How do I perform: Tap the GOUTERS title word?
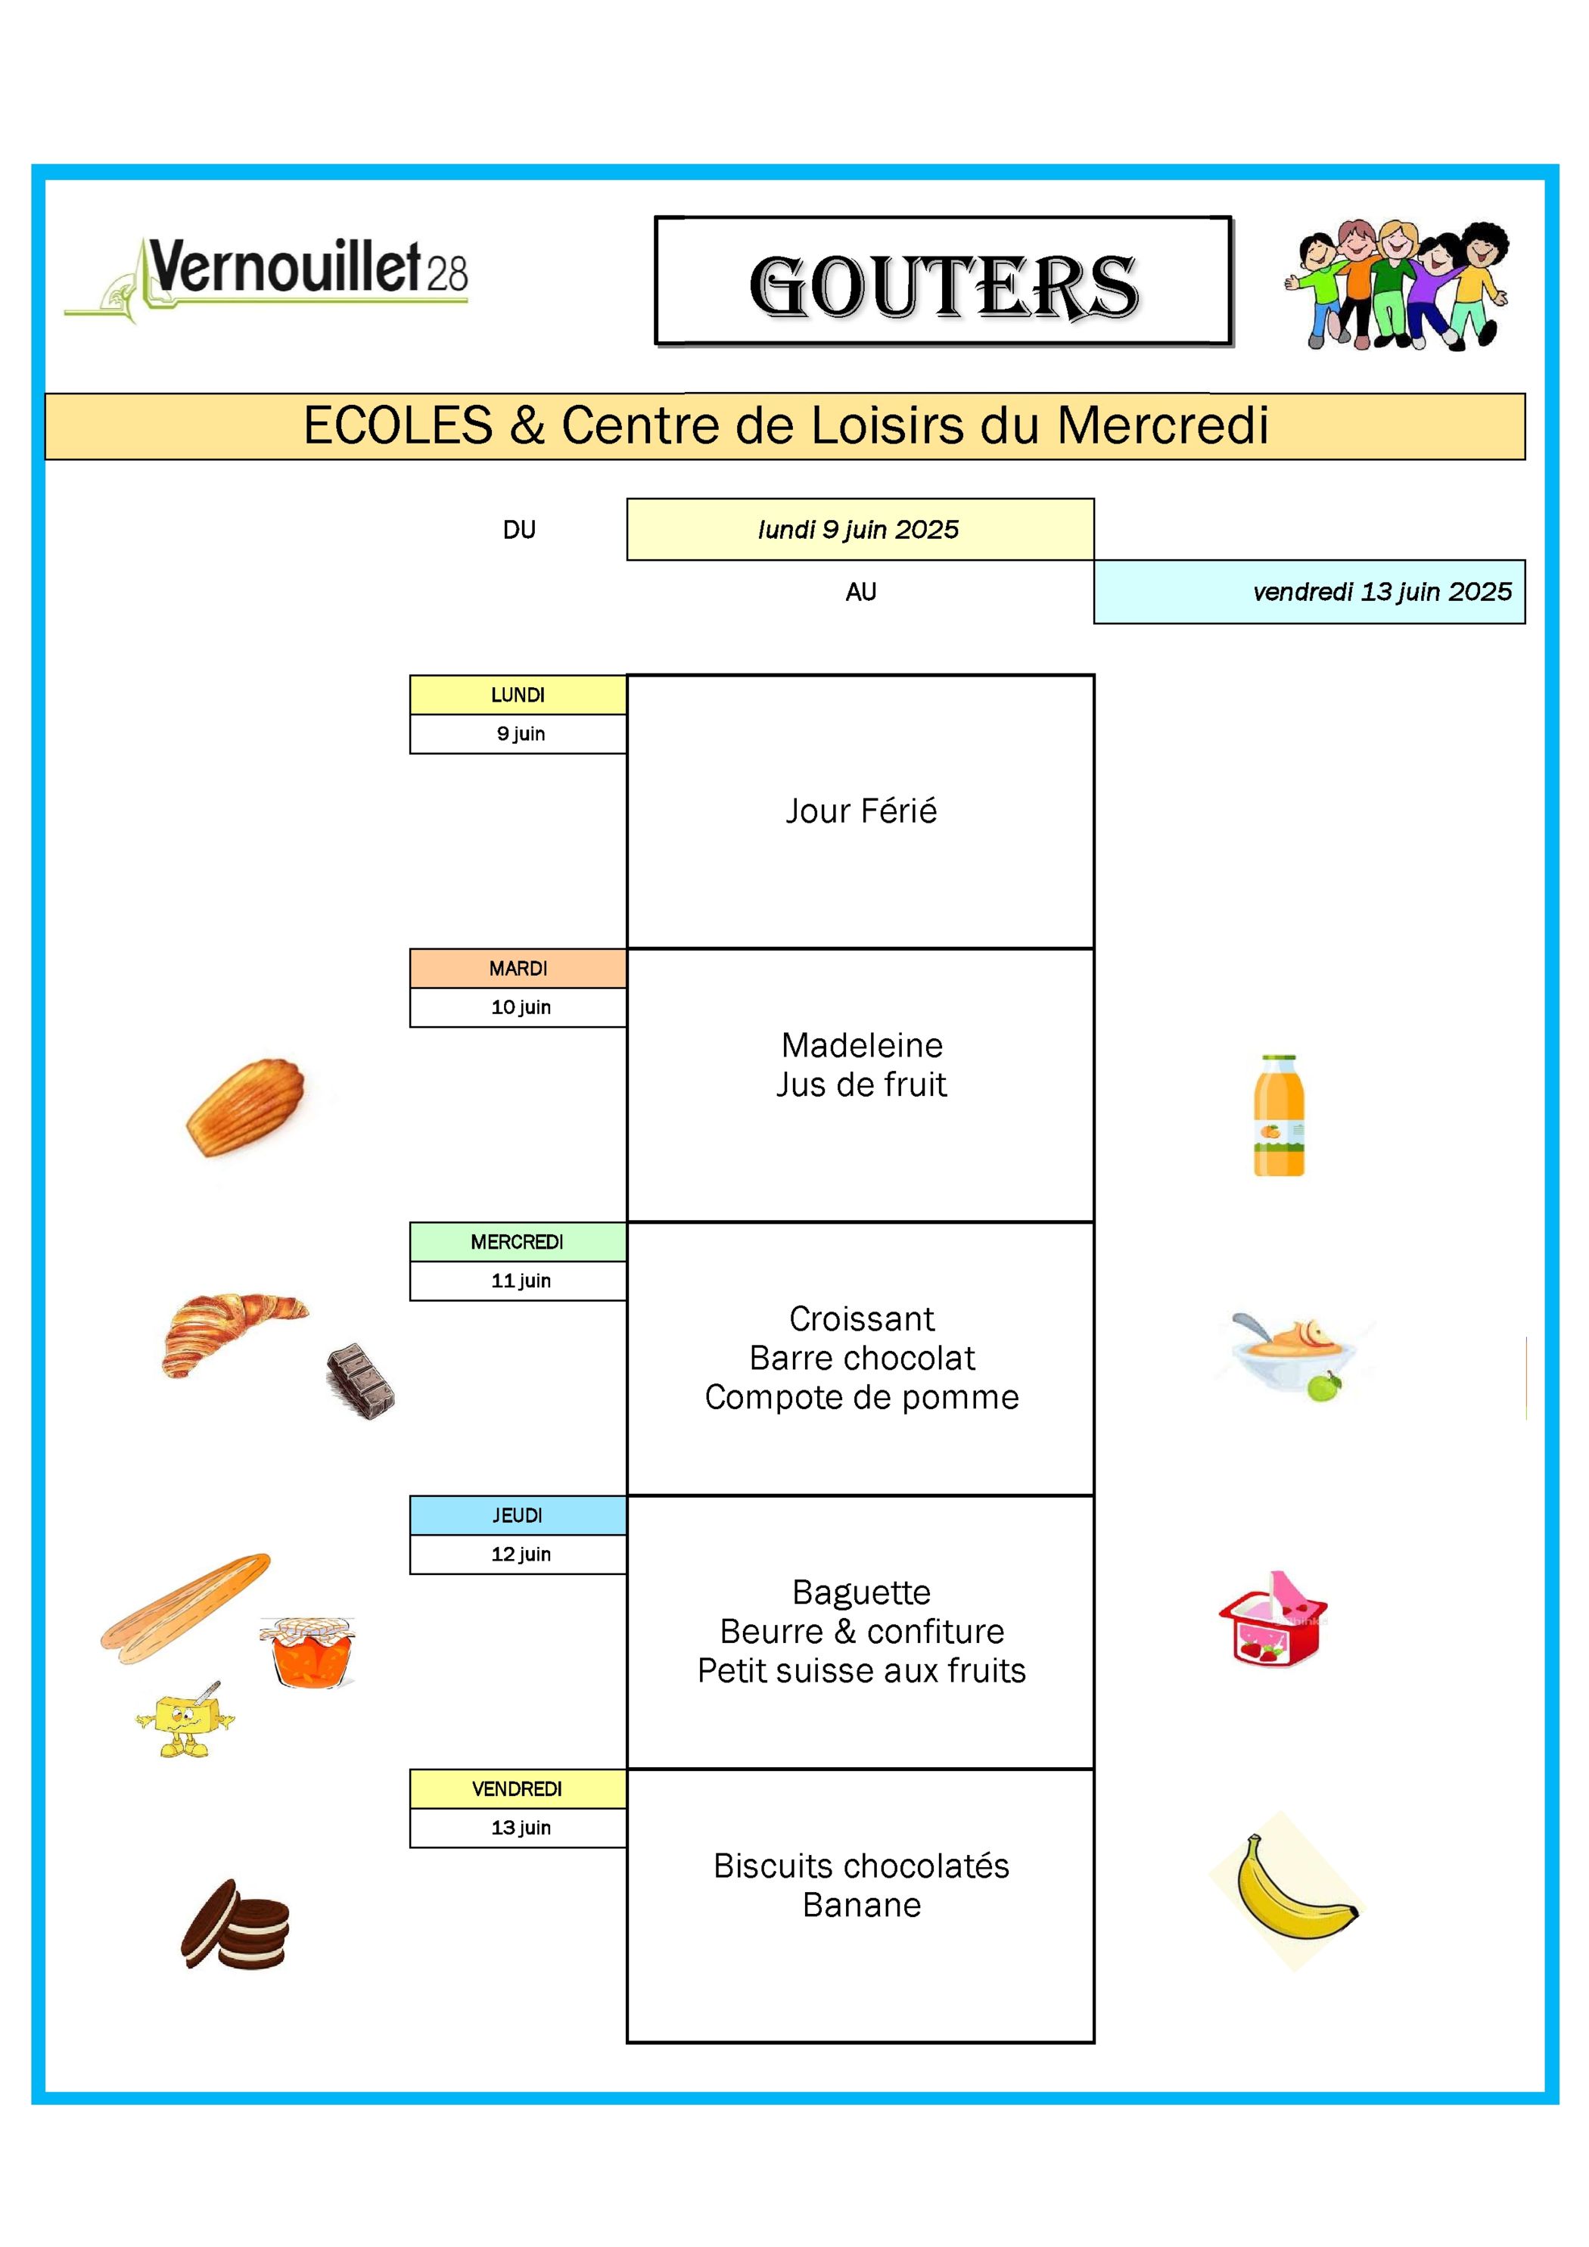pyautogui.click(x=944, y=287)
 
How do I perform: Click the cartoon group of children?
pyautogui.click(x=1398, y=284)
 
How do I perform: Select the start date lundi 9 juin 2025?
pyautogui.click(x=859, y=530)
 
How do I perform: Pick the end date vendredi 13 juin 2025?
pyautogui.click(x=1382, y=591)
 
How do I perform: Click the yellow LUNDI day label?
pyautogui.click(x=518, y=695)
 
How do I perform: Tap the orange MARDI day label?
pyautogui.click(x=518, y=968)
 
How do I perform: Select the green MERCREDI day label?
pyautogui.click(x=518, y=1242)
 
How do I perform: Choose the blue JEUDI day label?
pyautogui.click(x=518, y=1515)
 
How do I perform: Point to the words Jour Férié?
pyautogui.click(x=861, y=811)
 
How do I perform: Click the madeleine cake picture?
pyautogui.click(x=246, y=1107)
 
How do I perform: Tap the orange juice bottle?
pyautogui.click(x=1279, y=1115)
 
